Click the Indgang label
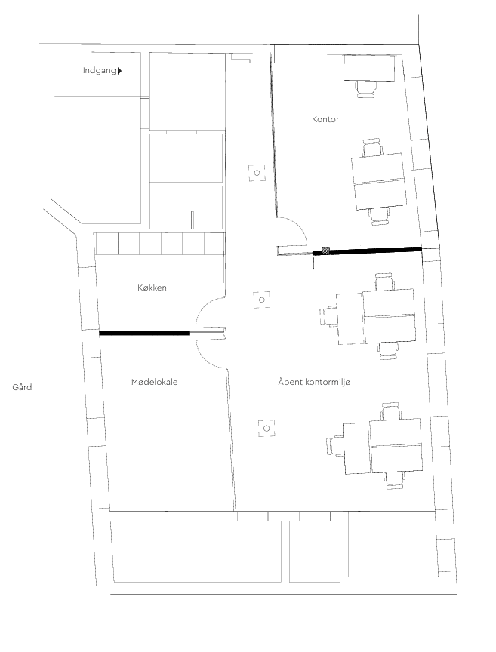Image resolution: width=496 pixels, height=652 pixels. click(x=100, y=71)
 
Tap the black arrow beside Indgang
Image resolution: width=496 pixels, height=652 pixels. click(x=120, y=71)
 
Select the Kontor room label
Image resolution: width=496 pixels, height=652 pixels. click(x=325, y=119)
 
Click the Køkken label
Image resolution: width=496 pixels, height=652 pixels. click(x=152, y=288)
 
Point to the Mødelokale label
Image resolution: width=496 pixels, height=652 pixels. click(x=154, y=382)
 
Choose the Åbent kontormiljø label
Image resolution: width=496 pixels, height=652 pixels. click(x=314, y=382)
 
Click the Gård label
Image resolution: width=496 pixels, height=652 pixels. click(x=22, y=387)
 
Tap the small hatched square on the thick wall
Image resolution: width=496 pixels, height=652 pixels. click(x=326, y=251)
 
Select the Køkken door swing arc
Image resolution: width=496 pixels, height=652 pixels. click(x=204, y=307)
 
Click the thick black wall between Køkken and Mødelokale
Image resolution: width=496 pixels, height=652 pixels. click(x=144, y=333)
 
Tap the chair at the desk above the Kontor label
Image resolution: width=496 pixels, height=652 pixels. click(x=366, y=88)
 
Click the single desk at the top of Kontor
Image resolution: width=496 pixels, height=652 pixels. click(x=369, y=68)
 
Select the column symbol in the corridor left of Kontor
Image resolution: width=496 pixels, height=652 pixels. click(x=257, y=173)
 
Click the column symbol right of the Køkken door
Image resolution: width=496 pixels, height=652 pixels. click(x=262, y=300)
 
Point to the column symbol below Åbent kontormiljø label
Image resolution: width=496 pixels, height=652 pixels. click(x=266, y=429)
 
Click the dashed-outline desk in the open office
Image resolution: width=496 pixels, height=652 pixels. click(x=350, y=318)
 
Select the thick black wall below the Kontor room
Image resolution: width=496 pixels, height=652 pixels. click(x=368, y=250)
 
